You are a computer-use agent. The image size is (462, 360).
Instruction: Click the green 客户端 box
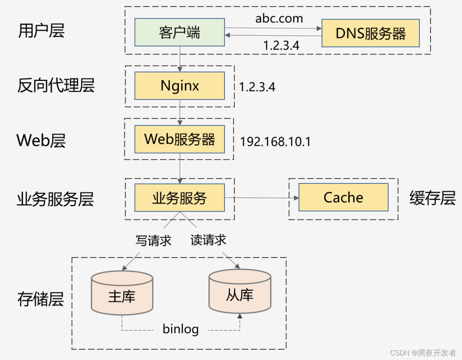[x=179, y=33]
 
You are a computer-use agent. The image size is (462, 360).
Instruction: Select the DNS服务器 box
[x=370, y=33]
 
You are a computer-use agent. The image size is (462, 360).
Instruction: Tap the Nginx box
[x=179, y=86]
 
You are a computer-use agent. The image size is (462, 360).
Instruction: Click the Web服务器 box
[x=179, y=139]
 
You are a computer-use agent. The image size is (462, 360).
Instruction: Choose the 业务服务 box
[x=179, y=198]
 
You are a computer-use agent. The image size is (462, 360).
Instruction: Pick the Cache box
[x=343, y=197]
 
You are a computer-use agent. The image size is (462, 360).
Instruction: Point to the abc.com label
[x=279, y=18]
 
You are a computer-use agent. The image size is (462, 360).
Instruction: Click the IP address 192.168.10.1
[x=275, y=142]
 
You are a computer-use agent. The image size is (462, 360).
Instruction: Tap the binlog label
[x=181, y=329]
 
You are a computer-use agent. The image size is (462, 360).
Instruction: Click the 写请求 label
[x=153, y=241]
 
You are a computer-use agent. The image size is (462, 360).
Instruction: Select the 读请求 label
[x=208, y=240]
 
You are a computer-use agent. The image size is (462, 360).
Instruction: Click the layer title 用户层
[x=41, y=31]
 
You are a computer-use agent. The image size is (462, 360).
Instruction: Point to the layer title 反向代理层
[x=56, y=85]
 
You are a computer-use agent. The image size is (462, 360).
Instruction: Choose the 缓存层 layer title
[x=432, y=198]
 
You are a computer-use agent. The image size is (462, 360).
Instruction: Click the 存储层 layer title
[x=40, y=299]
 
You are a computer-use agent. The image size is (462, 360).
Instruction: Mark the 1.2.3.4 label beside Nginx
[x=257, y=87]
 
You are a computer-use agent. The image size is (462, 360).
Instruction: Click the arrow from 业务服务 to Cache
[x=261, y=198]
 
